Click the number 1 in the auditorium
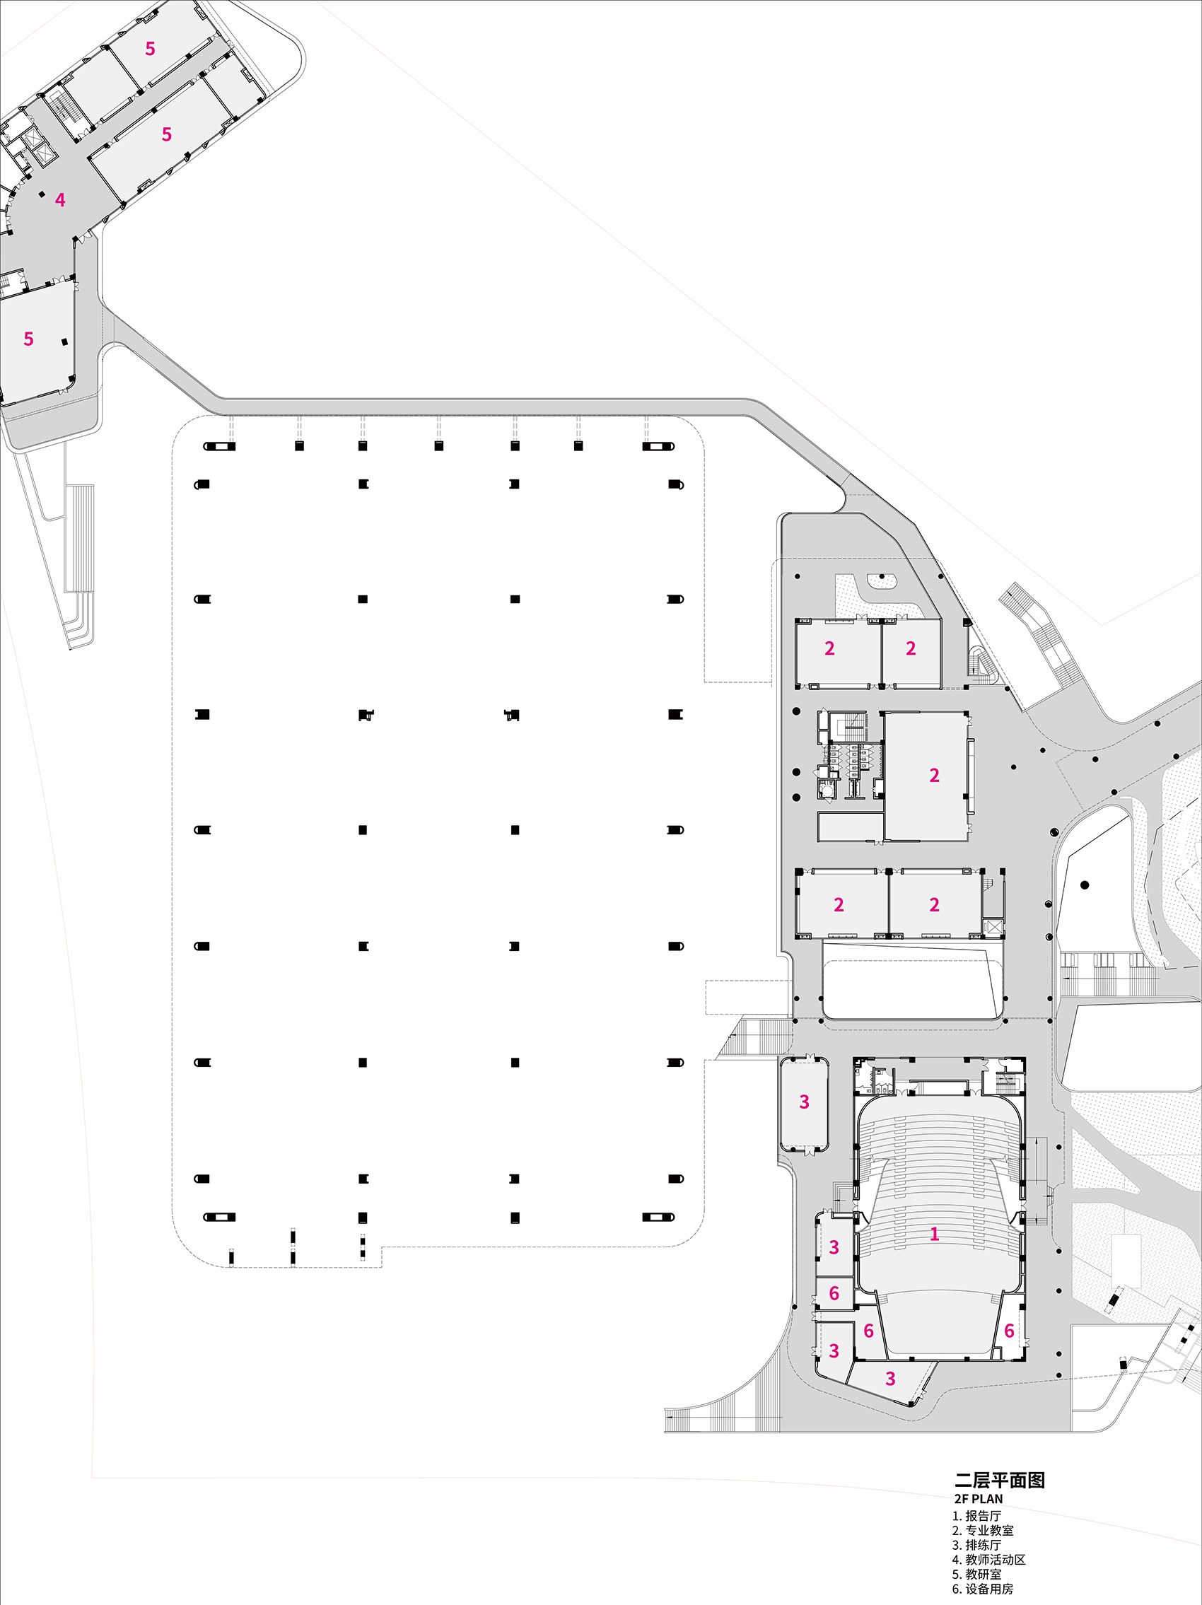point(934,1234)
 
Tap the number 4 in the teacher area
point(60,199)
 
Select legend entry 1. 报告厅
point(976,1516)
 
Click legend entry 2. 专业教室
point(982,1530)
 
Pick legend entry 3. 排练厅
point(976,1545)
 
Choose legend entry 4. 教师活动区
point(988,1559)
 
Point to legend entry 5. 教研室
point(976,1574)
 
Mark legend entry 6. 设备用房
point(982,1589)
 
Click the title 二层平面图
point(1000,1480)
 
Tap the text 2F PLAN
point(979,1499)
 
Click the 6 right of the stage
point(1008,1331)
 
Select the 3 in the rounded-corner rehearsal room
point(804,1102)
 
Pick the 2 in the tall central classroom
point(934,776)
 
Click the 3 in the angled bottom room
point(890,1379)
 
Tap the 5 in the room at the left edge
point(29,339)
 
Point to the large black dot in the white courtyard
point(1085,885)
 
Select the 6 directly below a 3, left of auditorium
point(834,1293)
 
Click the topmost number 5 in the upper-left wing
point(150,49)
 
